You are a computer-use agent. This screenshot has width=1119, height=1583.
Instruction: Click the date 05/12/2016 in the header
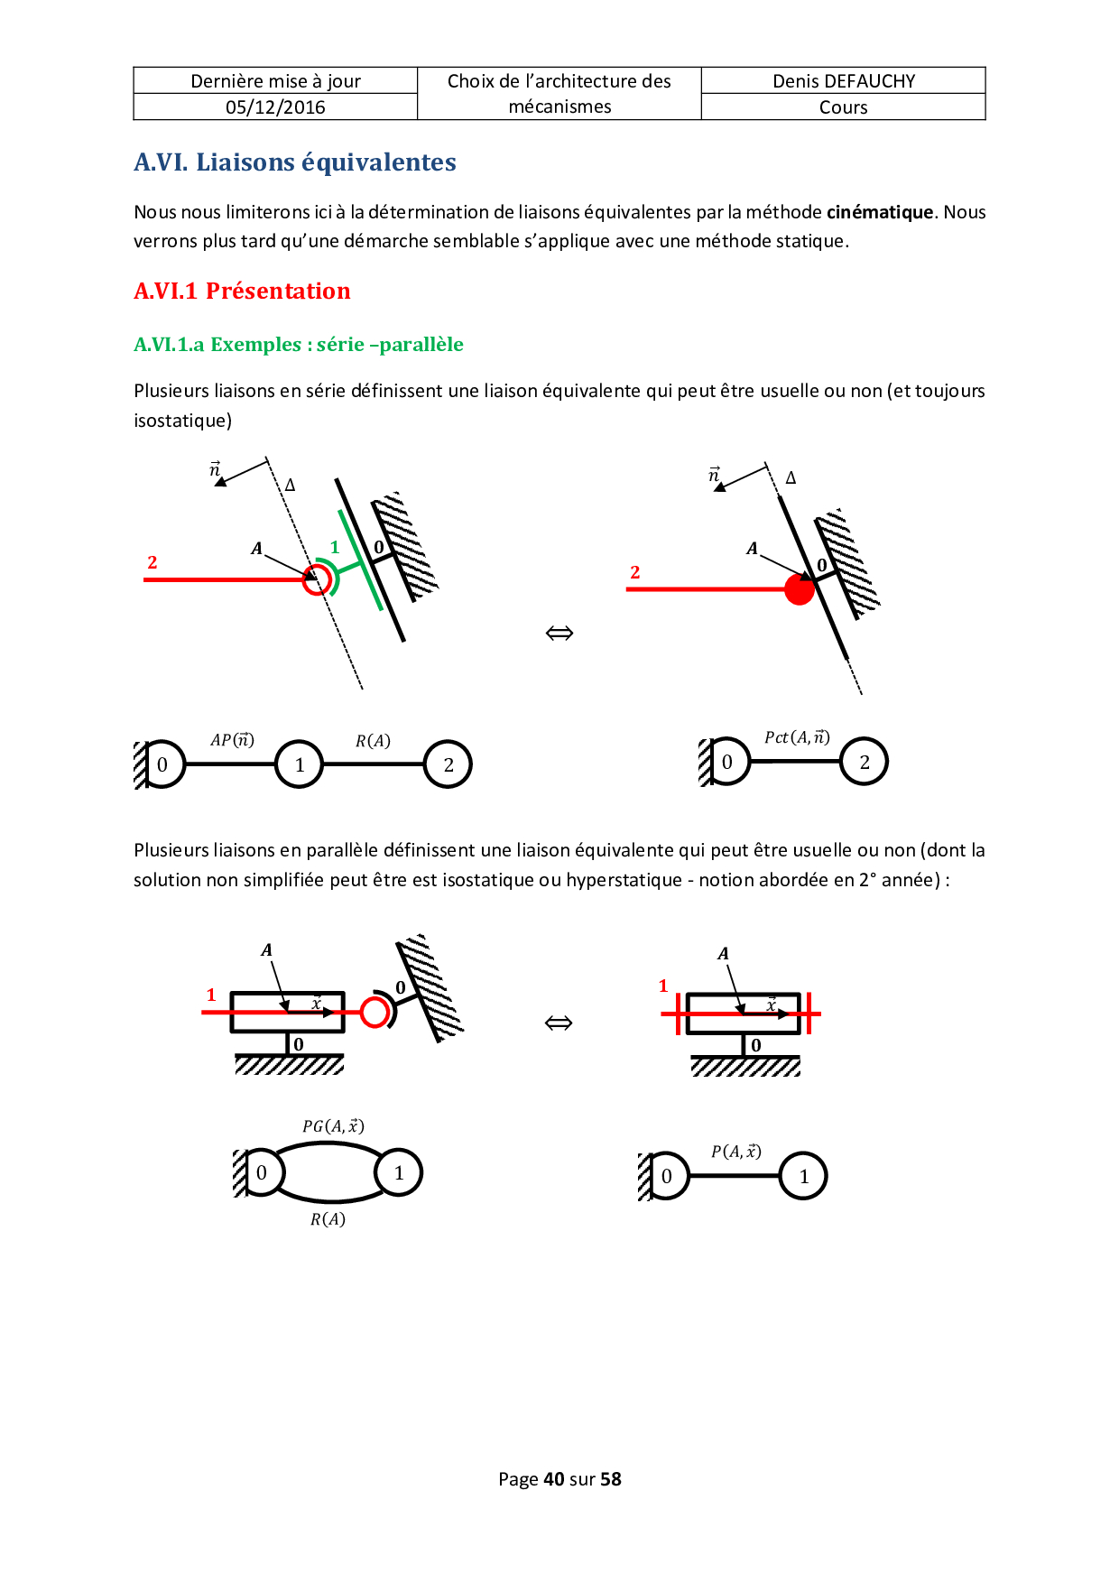point(275,107)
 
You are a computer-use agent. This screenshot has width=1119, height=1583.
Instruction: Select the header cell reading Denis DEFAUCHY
point(843,81)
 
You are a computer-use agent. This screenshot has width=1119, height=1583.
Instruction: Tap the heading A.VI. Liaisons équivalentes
point(295,162)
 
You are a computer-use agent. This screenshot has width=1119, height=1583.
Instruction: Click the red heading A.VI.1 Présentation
point(242,291)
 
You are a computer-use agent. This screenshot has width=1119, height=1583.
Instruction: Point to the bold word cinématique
point(880,212)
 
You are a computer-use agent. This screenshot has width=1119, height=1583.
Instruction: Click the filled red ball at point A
point(800,589)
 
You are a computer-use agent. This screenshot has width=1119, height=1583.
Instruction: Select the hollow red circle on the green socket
point(317,579)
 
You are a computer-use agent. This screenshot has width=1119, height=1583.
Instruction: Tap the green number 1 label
point(335,547)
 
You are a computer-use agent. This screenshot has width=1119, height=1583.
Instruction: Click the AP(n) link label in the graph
point(232,740)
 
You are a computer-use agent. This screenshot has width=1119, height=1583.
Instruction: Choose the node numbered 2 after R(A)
point(449,764)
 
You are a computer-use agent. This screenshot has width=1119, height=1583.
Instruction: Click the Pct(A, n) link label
point(797,737)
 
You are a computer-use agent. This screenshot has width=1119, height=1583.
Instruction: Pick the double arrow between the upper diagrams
point(559,633)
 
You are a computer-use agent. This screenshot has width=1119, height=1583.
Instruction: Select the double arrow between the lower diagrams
point(559,1023)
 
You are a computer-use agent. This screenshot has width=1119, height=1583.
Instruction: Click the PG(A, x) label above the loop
point(333,1125)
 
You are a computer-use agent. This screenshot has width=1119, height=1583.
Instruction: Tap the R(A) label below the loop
point(328,1219)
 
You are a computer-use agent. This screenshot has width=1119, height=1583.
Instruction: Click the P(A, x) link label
point(735,1151)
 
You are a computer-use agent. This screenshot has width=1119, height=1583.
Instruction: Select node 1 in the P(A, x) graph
point(803,1176)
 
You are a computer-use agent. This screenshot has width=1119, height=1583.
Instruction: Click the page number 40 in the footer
point(554,1479)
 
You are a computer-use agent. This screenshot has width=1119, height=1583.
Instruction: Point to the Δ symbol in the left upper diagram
point(290,486)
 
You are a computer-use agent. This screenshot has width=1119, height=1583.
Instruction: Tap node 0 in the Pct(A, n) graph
point(726,762)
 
